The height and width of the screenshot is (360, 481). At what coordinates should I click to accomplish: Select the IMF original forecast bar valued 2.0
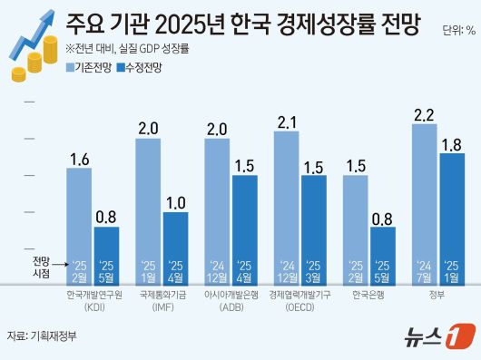[148, 209]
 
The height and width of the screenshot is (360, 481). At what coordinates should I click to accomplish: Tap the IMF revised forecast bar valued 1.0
[175, 247]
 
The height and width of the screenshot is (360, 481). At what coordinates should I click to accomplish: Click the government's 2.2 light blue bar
[424, 201]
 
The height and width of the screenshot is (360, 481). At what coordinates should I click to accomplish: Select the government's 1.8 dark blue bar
[452, 218]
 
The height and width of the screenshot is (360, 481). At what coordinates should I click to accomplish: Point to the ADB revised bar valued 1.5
[244, 227]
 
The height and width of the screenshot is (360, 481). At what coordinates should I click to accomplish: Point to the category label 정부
[437, 296]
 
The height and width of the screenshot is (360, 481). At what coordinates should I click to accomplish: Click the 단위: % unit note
[457, 31]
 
